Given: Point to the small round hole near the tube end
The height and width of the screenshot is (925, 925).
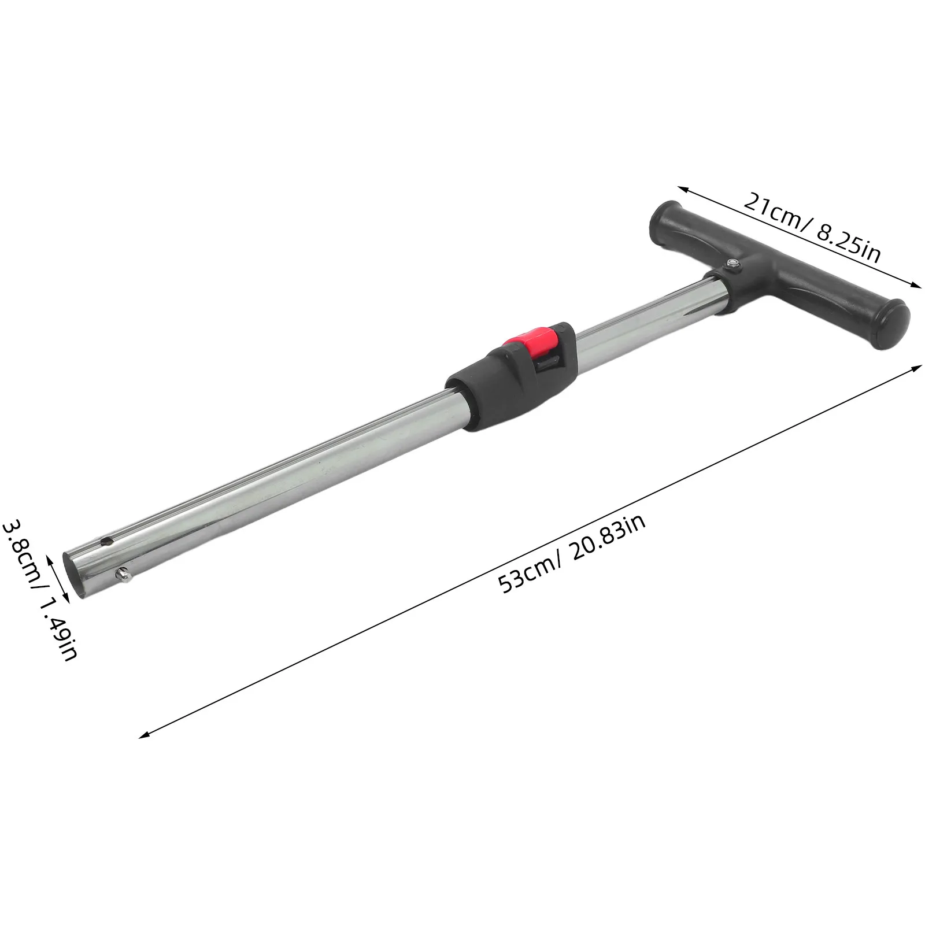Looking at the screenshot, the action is (x=106, y=542).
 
